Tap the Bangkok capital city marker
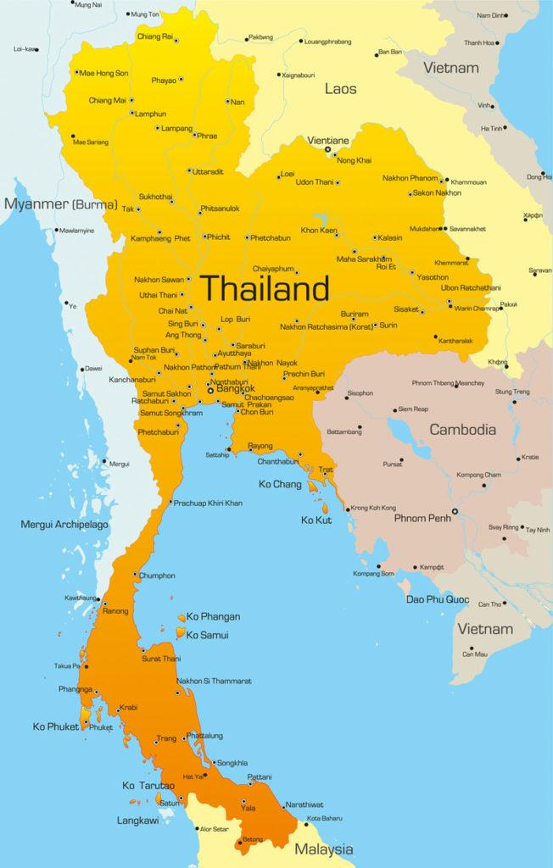coord(211,390)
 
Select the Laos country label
coord(340,88)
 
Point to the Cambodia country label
coord(462,430)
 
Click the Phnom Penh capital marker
coord(455,511)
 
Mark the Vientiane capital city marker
coord(328,150)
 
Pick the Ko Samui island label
coord(208,634)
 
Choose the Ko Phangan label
coord(213,616)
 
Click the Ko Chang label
coord(280,484)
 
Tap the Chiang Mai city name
coord(107,100)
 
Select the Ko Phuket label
coord(57,726)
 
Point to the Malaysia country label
coord(324,849)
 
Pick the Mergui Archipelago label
coord(64,525)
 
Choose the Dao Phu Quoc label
coord(437,599)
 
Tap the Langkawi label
coord(137,821)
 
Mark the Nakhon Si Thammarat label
coord(215,681)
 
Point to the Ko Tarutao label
coord(148,786)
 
